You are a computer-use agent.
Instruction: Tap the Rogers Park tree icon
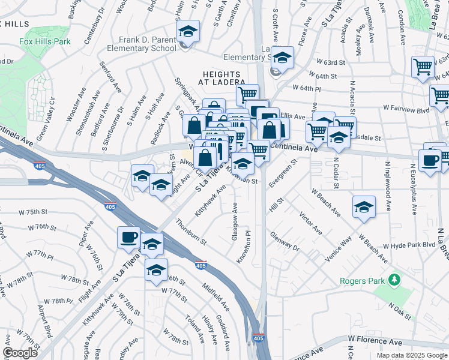[x=394, y=280]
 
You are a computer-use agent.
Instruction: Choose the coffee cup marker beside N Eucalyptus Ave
[x=430, y=161]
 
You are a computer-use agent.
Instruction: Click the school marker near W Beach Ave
[x=364, y=208]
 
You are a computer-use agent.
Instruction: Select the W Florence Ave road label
[x=376, y=341]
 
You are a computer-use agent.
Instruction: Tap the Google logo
[x=20, y=353]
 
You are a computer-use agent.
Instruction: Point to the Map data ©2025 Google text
[x=412, y=355]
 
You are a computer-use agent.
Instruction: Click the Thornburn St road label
[x=191, y=232]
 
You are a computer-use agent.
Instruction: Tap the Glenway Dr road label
[x=285, y=242]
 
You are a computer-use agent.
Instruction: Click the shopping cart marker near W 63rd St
[x=423, y=68]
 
